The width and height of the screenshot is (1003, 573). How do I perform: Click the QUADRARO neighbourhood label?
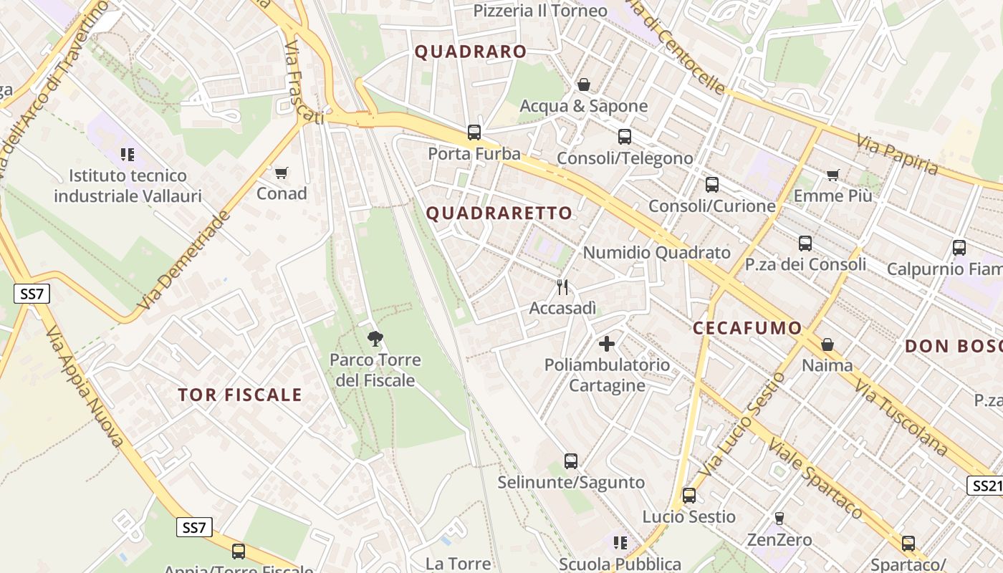[471, 52]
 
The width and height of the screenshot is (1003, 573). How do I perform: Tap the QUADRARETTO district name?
[499, 213]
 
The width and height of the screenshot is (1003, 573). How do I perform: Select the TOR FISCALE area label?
[240, 395]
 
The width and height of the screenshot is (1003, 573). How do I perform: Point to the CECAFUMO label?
[747, 329]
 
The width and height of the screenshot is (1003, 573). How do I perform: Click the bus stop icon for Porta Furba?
[474, 133]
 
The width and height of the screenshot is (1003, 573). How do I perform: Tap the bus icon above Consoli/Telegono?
[625, 137]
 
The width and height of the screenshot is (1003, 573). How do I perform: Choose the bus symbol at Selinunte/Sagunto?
[571, 461]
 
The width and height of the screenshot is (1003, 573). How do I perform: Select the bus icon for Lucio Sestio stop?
[689, 496]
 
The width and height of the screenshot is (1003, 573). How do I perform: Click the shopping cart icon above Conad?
[282, 173]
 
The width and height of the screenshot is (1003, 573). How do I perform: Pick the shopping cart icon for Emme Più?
[832, 175]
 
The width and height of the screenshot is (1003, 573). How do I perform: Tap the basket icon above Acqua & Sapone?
[584, 85]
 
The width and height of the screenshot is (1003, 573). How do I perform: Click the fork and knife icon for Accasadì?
[562, 287]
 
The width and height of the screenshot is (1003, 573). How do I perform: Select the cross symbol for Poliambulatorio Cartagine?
[607, 344]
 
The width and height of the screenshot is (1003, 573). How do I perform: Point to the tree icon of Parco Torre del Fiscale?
[375, 339]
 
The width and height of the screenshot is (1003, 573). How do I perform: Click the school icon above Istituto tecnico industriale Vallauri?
[128, 154]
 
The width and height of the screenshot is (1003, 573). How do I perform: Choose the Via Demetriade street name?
[186, 261]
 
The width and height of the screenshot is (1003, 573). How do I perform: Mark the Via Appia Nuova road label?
[85, 387]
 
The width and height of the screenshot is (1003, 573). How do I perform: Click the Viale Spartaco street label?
[815, 478]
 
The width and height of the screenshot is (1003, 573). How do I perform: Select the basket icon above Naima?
[827, 345]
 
